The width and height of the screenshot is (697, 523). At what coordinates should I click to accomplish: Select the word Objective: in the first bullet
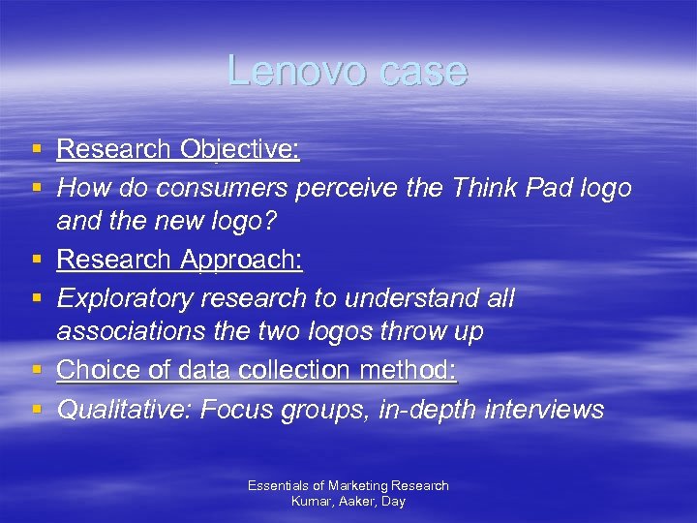(x=239, y=149)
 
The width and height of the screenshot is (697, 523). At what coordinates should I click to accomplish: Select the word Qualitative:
(x=124, y=410)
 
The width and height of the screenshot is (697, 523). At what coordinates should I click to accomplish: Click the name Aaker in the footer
(x=353, y=501)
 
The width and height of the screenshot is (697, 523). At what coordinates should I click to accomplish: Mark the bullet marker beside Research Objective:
(x=36, y=150)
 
